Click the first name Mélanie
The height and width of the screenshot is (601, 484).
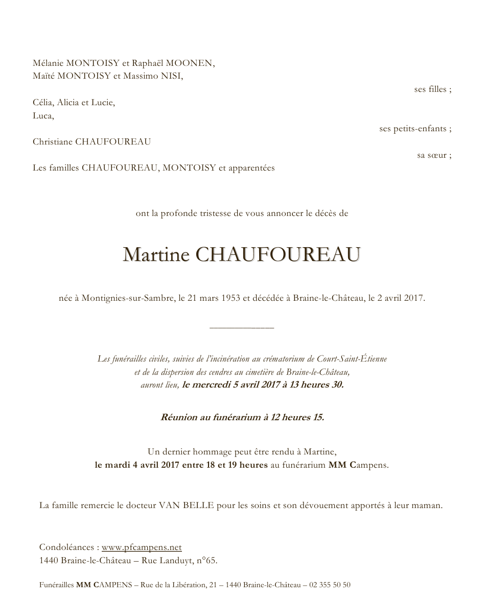click(x=48, y=63)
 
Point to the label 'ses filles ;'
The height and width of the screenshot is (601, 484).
click(x=432, y=89)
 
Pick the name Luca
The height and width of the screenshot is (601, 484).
click(x=43, y=116)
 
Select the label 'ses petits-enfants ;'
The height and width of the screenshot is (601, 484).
click(x=415, y=129)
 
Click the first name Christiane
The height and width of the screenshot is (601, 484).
click(x=53, y=142)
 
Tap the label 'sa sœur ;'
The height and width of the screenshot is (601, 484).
click(x=434, y=155)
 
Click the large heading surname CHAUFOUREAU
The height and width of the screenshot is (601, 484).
click(x=278, y=255)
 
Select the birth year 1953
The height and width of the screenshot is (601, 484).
click(x=225, y=298)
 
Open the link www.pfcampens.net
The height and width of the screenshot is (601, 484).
click(x=142, y=547)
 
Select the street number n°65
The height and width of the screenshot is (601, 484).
click(x=206, y=561)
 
